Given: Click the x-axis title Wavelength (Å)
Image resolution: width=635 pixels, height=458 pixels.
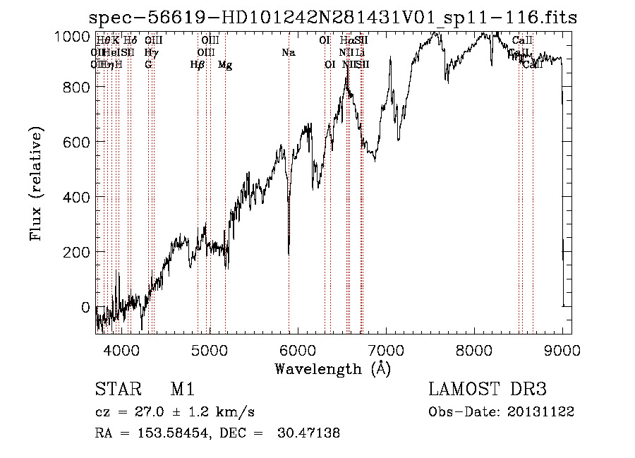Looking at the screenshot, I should tap(332, 368).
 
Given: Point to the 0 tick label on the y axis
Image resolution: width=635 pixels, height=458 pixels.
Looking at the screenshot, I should tap(85, 307).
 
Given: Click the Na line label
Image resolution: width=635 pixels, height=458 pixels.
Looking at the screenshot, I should tap(288, 52).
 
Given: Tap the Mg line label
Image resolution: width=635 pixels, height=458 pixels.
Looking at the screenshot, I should tap(225, 65).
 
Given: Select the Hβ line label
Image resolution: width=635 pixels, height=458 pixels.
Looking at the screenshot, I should tap(198, 65).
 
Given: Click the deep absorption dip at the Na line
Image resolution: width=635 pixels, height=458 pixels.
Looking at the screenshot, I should tap(289, 251).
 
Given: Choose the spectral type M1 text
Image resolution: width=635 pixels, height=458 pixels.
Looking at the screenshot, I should tap(182, 390).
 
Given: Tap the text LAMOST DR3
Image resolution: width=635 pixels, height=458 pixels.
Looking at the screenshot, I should tap(488, 390).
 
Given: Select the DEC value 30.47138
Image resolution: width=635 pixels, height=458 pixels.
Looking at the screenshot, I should tap(308, 433).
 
